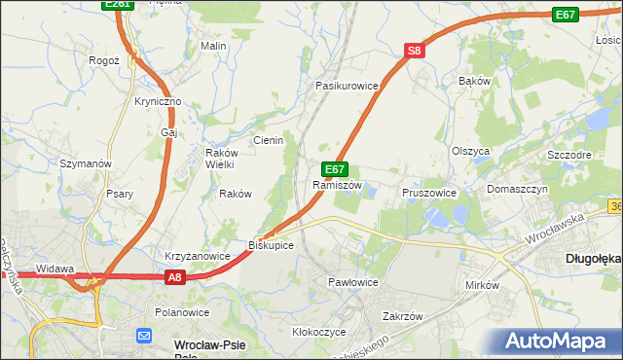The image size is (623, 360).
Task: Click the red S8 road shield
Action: click(x=415, y=52)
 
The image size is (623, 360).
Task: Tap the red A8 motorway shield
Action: click(x=173, y=277)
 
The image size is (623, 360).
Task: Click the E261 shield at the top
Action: click(x=117, y=5)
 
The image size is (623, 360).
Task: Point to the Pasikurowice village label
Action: click(x=346, y=86)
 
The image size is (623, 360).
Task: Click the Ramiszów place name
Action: click(x=337, y=185)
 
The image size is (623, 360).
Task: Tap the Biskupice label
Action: click(x=271, y=245)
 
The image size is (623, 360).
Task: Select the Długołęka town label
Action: click(x=592, y=259)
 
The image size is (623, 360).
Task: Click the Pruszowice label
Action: click(x=429, y=193)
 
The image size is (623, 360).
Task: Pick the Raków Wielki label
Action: click(x=215, y=158)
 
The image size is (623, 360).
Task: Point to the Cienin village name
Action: click(x=268, y=140)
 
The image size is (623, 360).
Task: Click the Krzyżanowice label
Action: click(x=197, y=256)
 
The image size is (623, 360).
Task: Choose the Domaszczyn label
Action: click(x=518, y=189)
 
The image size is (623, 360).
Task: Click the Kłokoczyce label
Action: click(x=319, y=332)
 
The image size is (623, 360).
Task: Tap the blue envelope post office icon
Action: click(x=144, y=336)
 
